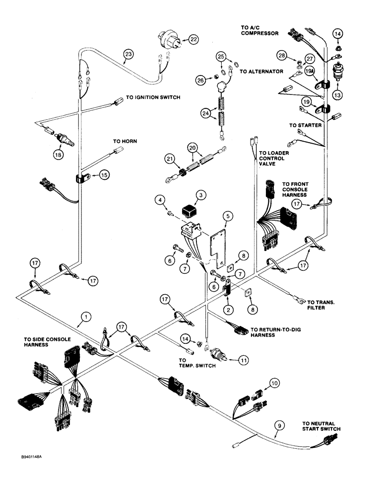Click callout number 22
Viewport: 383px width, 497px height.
coord(192,40)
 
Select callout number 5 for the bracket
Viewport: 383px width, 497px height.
coord(227,217)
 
